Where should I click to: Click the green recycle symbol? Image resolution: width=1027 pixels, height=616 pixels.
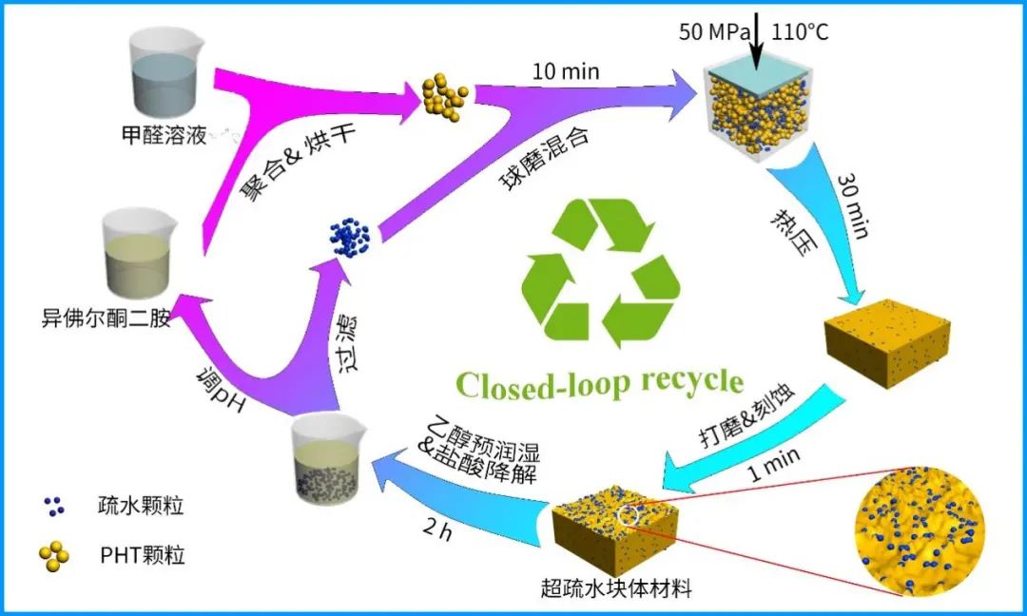pos(601,270)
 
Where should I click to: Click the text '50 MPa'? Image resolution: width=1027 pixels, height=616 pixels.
pos(711,31)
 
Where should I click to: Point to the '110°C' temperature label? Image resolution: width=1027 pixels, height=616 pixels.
pos(801,31)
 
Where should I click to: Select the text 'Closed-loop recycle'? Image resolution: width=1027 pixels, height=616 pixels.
pos(600,382)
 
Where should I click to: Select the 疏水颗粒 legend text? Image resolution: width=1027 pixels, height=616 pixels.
pos(140,505)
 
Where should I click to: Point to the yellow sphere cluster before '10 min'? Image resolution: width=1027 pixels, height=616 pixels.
pos(444,93)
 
